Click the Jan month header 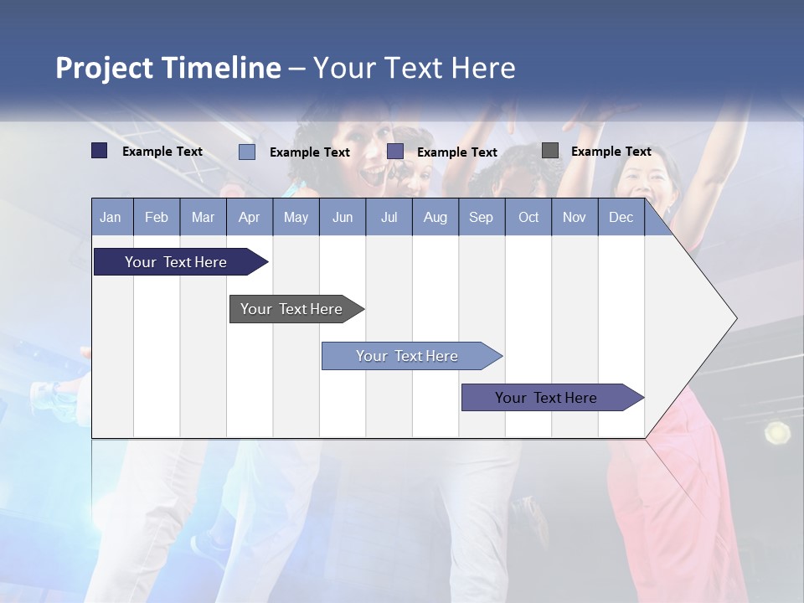coord(111,217)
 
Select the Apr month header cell coord(250,217)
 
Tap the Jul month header coord(389,217)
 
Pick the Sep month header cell coord(482,217)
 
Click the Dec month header coord(621,217)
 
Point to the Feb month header coord(157,217)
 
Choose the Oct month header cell coord(528,217)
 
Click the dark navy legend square coord(99,151)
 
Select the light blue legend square coord(247,152)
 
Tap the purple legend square coord(395,152)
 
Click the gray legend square coord(550,151)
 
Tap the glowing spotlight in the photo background coord(777,432)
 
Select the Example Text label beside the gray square coord(611,152)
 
